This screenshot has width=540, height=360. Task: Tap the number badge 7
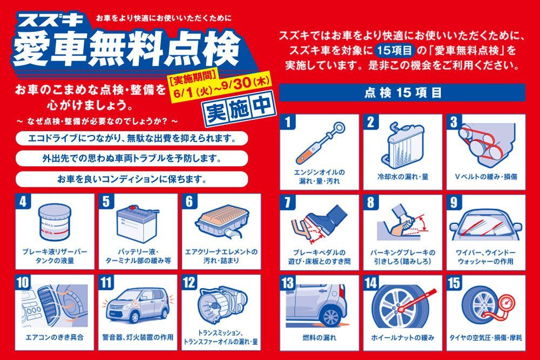coord(288,202)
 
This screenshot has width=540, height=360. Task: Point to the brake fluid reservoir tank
coord(55,222)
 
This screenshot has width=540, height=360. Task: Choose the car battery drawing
coord(137,223)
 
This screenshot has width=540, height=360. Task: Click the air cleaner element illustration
coord(222,220)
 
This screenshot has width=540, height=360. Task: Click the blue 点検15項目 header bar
coord(402,93)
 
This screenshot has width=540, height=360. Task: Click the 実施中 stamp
coord(240,109)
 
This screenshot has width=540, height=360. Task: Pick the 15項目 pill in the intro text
coord(395,51)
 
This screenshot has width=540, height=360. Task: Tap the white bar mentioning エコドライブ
coord(132,139)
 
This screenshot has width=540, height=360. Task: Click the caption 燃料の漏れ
coord(319,338)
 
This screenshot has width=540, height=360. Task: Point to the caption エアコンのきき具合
coord(55,337)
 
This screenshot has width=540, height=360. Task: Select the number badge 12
coord(189,282)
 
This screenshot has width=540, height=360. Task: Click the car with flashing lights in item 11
coord(138,305)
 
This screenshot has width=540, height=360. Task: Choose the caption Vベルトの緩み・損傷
coord(486,177)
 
